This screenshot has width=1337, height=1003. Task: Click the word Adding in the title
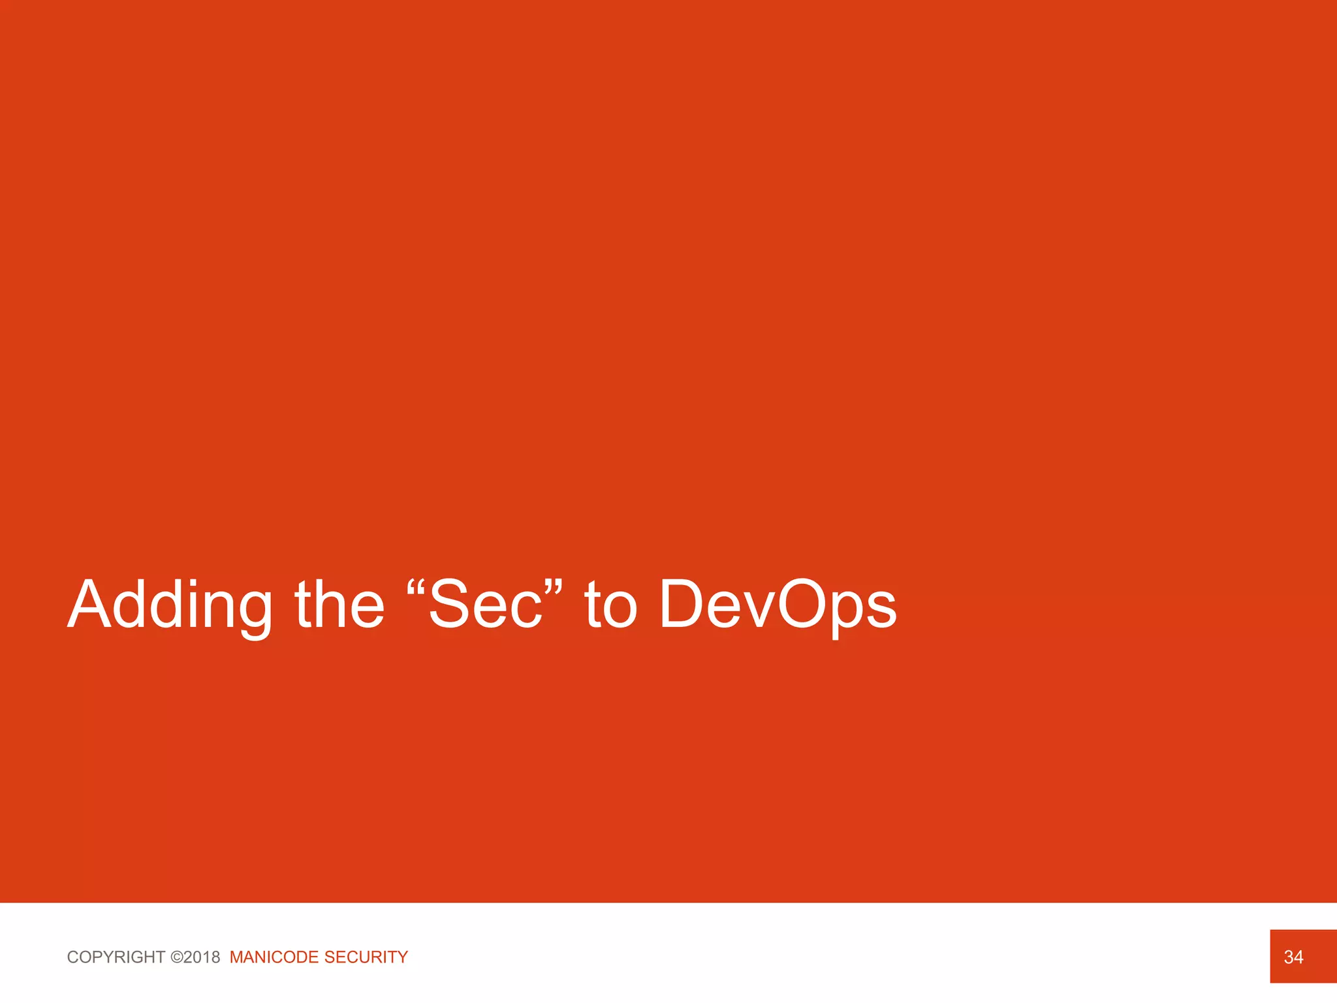click(170, 605)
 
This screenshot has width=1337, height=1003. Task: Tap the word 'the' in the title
click(339, 605)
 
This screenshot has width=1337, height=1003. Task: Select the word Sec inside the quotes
click(486, 605)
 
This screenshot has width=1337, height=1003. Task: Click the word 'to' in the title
click(610, 605)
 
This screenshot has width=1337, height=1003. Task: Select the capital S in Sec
click(451, 605)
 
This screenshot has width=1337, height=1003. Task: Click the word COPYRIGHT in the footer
click(116, 957)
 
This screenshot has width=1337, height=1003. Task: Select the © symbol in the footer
click(176, 957)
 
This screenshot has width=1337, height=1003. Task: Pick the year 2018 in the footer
click(202, 957)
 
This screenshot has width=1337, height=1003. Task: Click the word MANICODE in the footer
click(274, 957)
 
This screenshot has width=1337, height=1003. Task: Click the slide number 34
click(1293, 957)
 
